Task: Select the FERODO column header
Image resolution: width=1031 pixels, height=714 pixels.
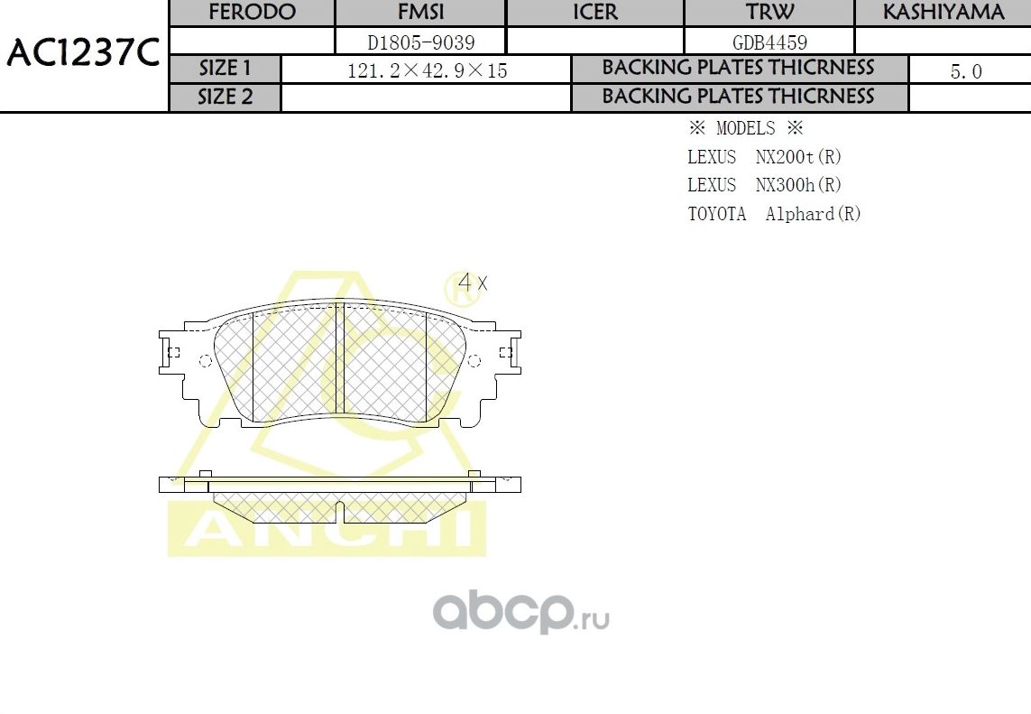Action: [x=252, y=13]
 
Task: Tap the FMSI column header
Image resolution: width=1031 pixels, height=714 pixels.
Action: [x=420, y=13]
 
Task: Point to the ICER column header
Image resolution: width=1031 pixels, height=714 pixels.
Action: [x=595, y=13]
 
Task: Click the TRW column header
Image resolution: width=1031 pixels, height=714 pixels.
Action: [x=769, y=13]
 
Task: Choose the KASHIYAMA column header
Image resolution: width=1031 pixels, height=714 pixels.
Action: [x=943, y=13]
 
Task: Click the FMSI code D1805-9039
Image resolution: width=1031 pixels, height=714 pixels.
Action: [x=420, y=42]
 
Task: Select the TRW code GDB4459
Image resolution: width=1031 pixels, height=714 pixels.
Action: [x=769, y=42]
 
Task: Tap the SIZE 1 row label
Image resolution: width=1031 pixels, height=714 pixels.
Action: [x=226, y=69]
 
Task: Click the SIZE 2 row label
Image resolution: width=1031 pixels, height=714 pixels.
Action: [x=226, y=97]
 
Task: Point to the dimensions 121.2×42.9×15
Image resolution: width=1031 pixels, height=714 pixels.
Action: [x=427, y=70]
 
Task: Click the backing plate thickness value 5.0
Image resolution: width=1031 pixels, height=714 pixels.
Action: [x=966, y=71]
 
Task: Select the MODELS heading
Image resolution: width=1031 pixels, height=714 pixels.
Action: [x=745, y=128]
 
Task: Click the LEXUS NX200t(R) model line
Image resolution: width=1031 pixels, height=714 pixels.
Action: [x=764, y=157]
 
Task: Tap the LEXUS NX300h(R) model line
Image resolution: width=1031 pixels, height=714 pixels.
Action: [x=764, y=185]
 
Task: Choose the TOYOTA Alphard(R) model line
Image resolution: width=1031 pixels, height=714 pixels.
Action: [x=774, y=214]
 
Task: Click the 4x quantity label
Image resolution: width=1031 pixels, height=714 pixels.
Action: [x=472, y=282]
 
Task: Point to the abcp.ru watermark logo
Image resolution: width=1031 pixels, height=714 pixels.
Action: [x=521, y=612]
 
